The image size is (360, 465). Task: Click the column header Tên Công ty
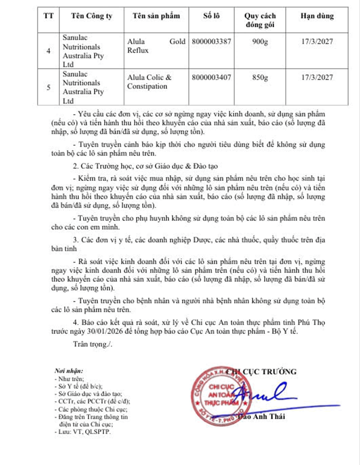pos(92,16)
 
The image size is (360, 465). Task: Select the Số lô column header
pos(211,16)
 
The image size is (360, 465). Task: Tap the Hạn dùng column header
pos(317,16)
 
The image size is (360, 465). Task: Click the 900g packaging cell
pos(260,42)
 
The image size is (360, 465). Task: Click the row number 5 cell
pos(48,87)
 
